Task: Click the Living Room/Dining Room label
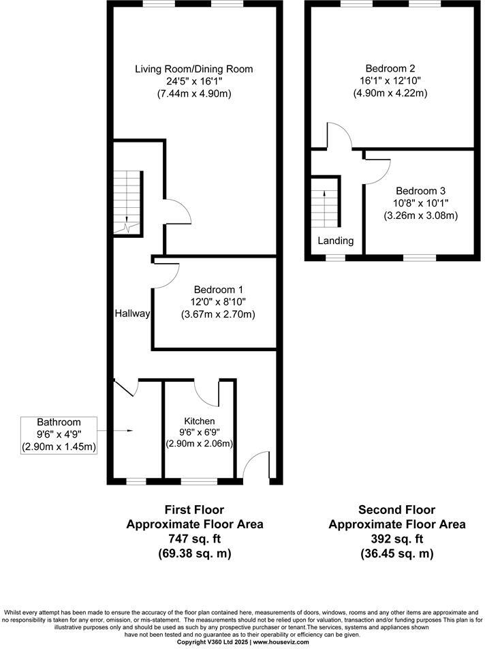coord(193,69)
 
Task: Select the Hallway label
coord(132,314)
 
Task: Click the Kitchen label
coord(199,421)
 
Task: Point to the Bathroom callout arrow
coord(123,430)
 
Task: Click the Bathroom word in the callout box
coord(59,422)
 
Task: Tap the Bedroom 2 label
coord(390,69)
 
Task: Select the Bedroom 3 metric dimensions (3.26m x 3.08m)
coord(420,215)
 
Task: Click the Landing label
coord(336,241)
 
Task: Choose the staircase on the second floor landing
coord(325,203)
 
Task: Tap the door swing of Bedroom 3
coord(377,166)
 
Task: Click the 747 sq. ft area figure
coord(194,539)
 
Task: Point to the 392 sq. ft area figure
coord(397,539)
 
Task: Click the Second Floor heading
coord(396,510)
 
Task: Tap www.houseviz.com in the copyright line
coord(281,642)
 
